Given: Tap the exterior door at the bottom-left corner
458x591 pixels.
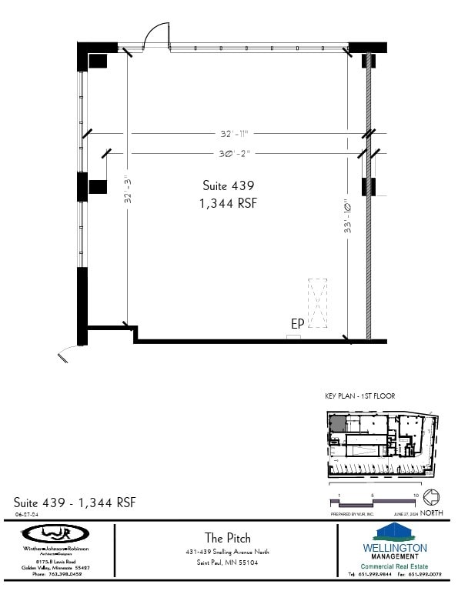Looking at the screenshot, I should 69,351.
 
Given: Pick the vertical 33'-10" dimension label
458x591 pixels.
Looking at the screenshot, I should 348,217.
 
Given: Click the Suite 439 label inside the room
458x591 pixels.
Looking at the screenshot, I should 228,185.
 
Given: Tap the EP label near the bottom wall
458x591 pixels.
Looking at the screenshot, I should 296,325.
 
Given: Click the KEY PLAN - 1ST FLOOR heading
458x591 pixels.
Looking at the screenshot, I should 360,396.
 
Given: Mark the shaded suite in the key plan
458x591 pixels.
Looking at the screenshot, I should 338,423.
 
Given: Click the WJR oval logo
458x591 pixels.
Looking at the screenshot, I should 55,533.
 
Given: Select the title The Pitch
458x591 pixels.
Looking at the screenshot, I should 227,538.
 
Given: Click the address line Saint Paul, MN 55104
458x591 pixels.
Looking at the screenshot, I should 227,563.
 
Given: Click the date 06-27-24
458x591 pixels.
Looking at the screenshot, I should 27,514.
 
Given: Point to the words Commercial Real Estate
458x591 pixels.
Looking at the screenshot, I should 393,566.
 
